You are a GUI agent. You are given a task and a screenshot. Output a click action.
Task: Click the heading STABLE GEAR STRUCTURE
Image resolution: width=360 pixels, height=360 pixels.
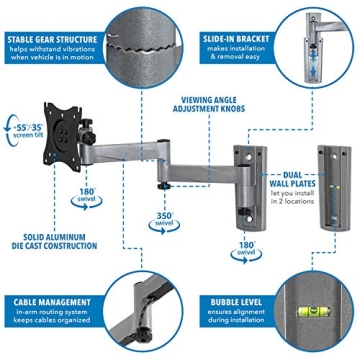point(53,14)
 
